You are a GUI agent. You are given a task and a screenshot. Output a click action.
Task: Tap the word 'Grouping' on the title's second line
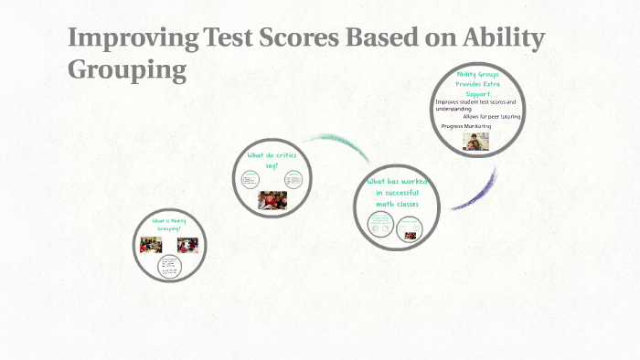127,69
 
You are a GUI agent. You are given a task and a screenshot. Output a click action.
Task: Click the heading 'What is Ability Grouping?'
169,224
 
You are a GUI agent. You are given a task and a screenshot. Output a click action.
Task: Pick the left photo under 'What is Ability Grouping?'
151,245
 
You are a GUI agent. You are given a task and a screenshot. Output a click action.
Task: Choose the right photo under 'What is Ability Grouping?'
187,245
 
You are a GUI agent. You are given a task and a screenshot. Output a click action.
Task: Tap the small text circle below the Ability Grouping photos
170,266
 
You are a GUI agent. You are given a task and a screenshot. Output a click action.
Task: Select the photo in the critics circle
272,199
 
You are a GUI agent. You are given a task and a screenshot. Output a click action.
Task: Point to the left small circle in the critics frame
250,180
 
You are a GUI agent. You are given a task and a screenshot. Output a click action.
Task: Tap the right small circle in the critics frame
293,178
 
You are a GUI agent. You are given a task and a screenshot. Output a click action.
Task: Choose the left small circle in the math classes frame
380,223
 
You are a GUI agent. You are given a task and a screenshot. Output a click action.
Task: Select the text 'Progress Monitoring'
466,126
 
